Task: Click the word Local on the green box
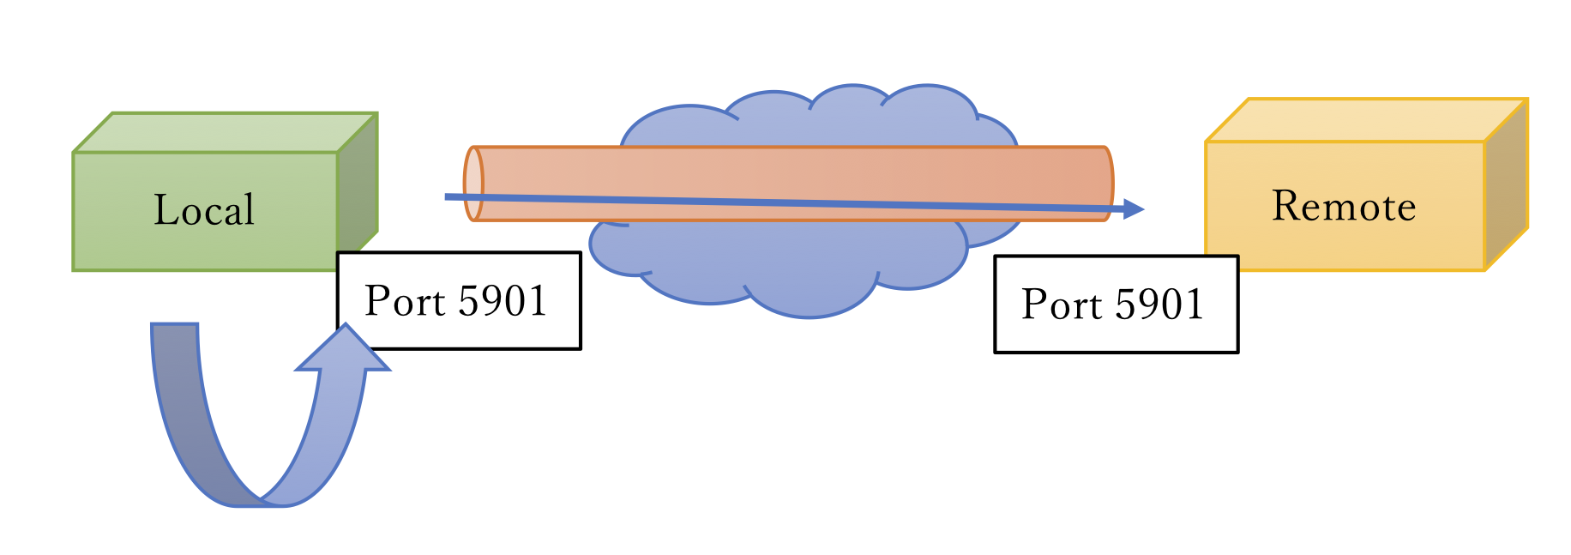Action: [x=204, y=210]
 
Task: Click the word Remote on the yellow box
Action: [x=1344, y=207]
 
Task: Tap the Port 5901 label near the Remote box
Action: [x=1116, y=304]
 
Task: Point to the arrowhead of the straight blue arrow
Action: [x=1134, y=208]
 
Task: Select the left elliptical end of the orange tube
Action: [x=473, y=184]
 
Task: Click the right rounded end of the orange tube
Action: [x=1105, y=184]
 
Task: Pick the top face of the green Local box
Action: [x=225, y=132]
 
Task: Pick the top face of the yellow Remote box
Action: [x=1365, y=120]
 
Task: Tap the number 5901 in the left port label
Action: [x=503, y=301]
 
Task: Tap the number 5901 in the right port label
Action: [x=1159, y=305]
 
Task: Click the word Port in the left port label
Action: [x=404, y=301]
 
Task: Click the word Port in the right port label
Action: [x=1061, y=305]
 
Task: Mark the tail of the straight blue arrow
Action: [x=448, y=196]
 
